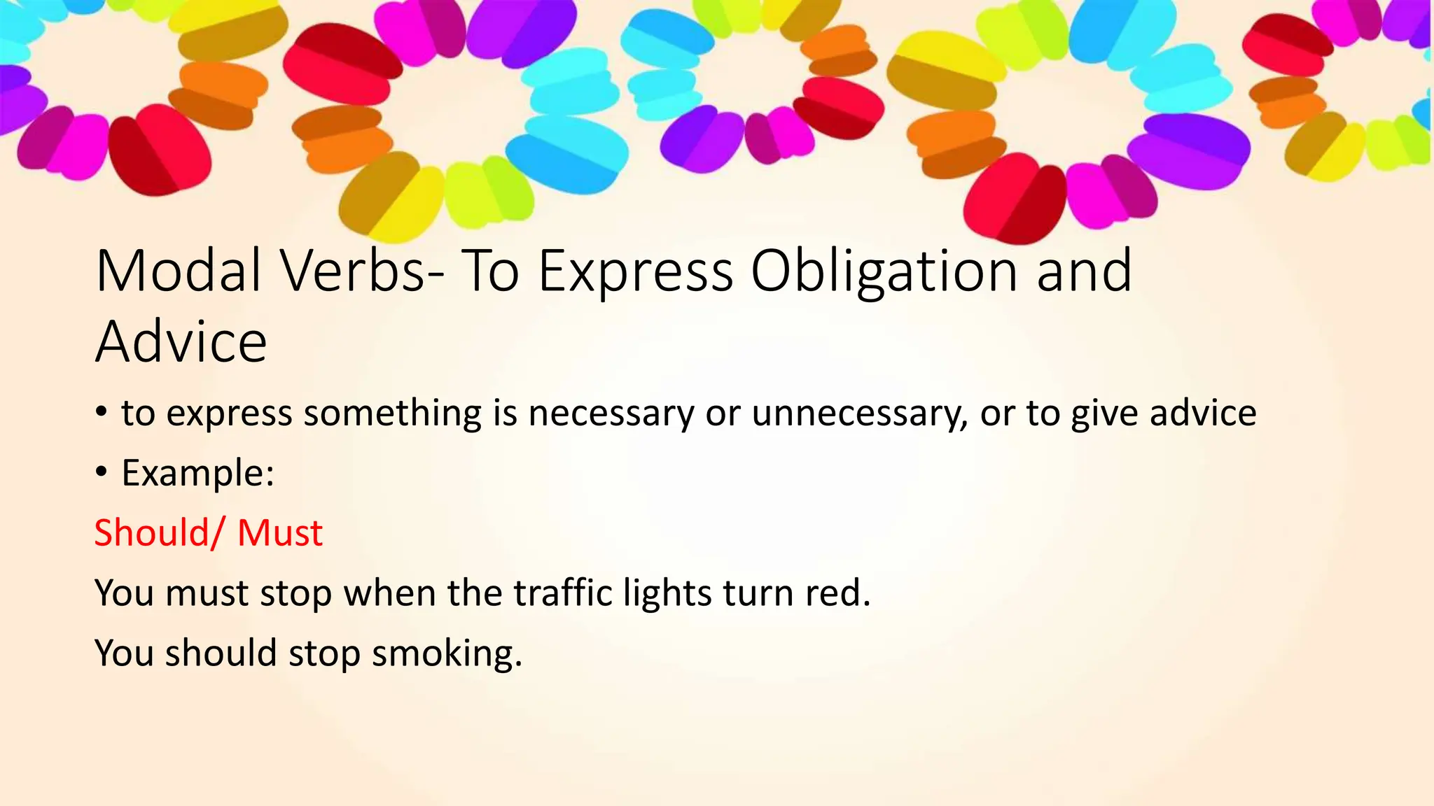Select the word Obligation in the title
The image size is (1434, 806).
(884, 271)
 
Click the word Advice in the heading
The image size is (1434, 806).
(181, 342)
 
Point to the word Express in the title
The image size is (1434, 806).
(635, 271)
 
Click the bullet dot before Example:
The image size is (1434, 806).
(102, 472)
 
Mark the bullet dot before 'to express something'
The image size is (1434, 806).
(102, 412)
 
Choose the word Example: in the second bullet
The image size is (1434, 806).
(198, 473)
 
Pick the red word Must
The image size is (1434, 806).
(280, 532)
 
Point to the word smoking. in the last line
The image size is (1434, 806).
(447, 653)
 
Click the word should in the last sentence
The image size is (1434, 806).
(221, 653)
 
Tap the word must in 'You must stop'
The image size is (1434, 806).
(207, 593)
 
